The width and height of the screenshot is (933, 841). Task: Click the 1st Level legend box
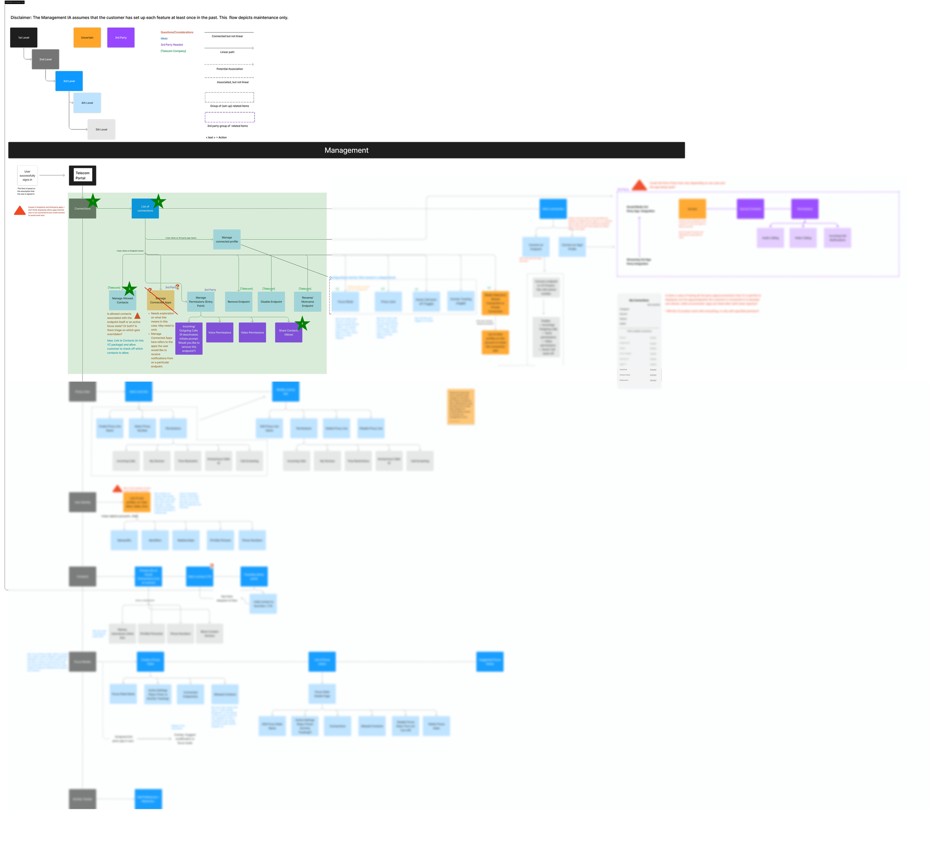pos(24,37)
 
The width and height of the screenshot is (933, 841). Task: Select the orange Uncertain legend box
pos(87,37)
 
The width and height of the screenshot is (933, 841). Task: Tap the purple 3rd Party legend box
pos(121,37)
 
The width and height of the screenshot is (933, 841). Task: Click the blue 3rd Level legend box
pos(69,81)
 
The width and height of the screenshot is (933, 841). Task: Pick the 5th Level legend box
pos(101,129)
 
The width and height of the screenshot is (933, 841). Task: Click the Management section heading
pos(346,150)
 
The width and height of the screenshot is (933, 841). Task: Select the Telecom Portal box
pos(83,175)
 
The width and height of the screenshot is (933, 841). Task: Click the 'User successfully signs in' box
pos(27,176)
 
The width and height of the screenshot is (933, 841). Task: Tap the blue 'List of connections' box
pos(145,208)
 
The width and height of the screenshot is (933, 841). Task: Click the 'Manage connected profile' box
pos(227,239)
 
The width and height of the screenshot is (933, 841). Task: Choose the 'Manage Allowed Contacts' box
pos(122,300)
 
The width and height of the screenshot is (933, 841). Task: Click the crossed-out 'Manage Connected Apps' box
pos(160,300)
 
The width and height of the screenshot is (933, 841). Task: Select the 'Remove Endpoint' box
pos(238,301)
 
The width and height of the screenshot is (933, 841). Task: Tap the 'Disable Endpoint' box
pos(271,301)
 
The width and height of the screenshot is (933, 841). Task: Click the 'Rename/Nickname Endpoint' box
pos(308,301)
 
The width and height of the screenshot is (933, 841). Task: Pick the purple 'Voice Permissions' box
pos(219,332)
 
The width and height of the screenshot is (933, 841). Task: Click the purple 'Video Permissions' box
pos(252,332)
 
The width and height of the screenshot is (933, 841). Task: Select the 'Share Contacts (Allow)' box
pos(288,332)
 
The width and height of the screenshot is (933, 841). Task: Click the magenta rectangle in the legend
pos(173,56)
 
